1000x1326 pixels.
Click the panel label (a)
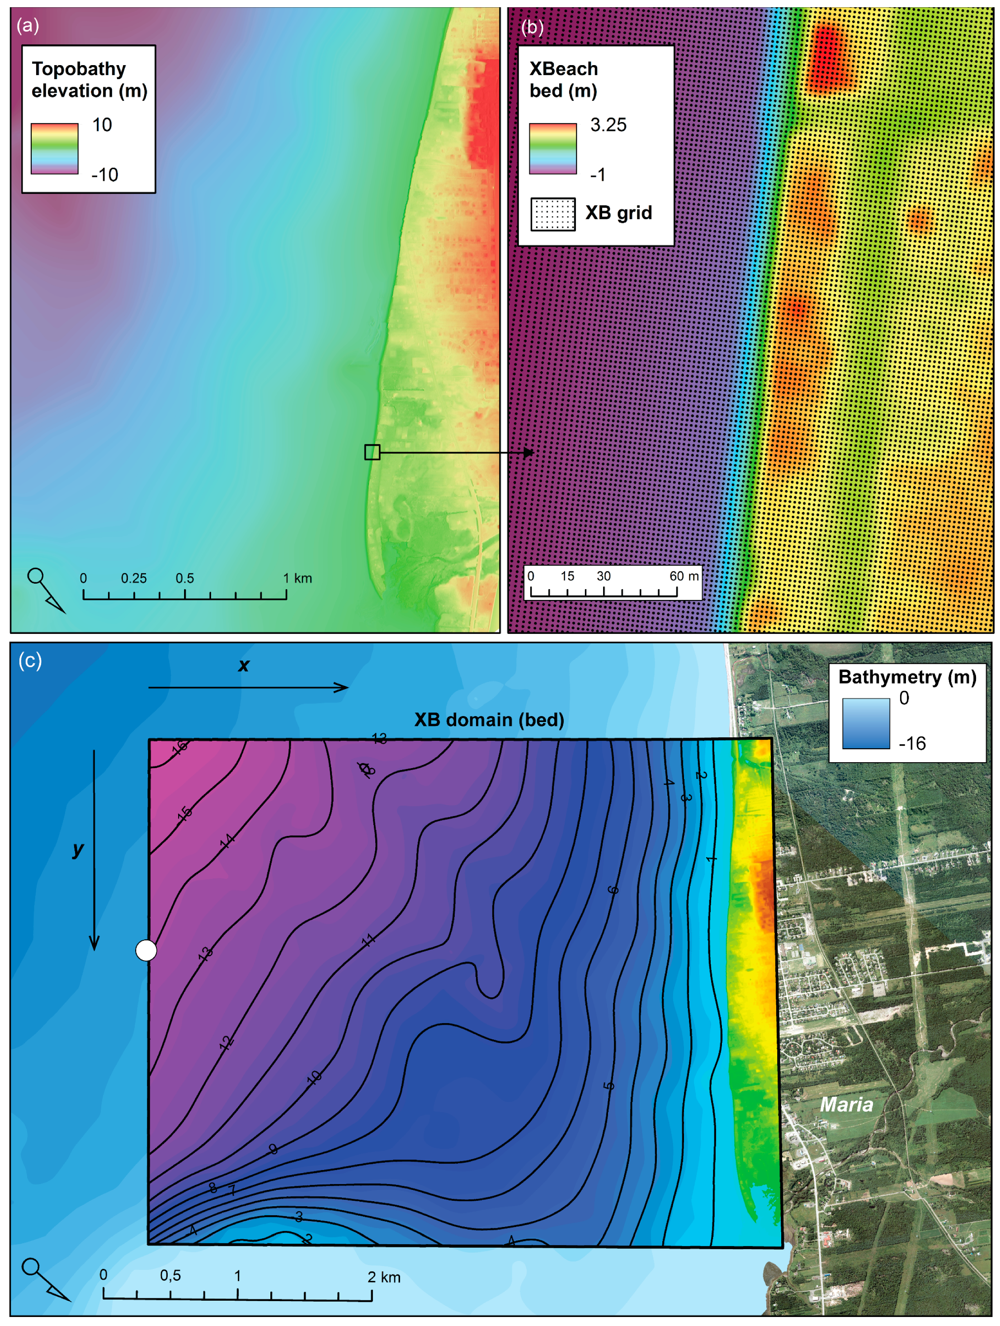[x=28, y=25]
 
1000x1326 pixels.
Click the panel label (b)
[x=532, y=27]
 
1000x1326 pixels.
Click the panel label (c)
[x=30, y=660]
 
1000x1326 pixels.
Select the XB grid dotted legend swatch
[x=553, y=214]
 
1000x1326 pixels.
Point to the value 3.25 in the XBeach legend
[x=608, y=125]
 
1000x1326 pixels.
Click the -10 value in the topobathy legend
[x=104, y=175]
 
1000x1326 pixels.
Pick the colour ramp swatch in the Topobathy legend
[x=55, y=149]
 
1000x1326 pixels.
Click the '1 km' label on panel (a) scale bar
[x=297, y=579]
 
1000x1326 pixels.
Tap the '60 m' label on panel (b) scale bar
[x=684, y=576]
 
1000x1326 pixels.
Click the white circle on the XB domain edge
[x=146, y=950]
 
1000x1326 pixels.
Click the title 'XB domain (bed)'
[x=489, y=719]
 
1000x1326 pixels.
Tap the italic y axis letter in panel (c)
[x=78, y=849]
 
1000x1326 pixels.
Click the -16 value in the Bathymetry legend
[x=912, y=743]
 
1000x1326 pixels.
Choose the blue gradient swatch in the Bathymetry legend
[x=866, y=723]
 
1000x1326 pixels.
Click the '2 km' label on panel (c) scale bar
[x=384, y=1277]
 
